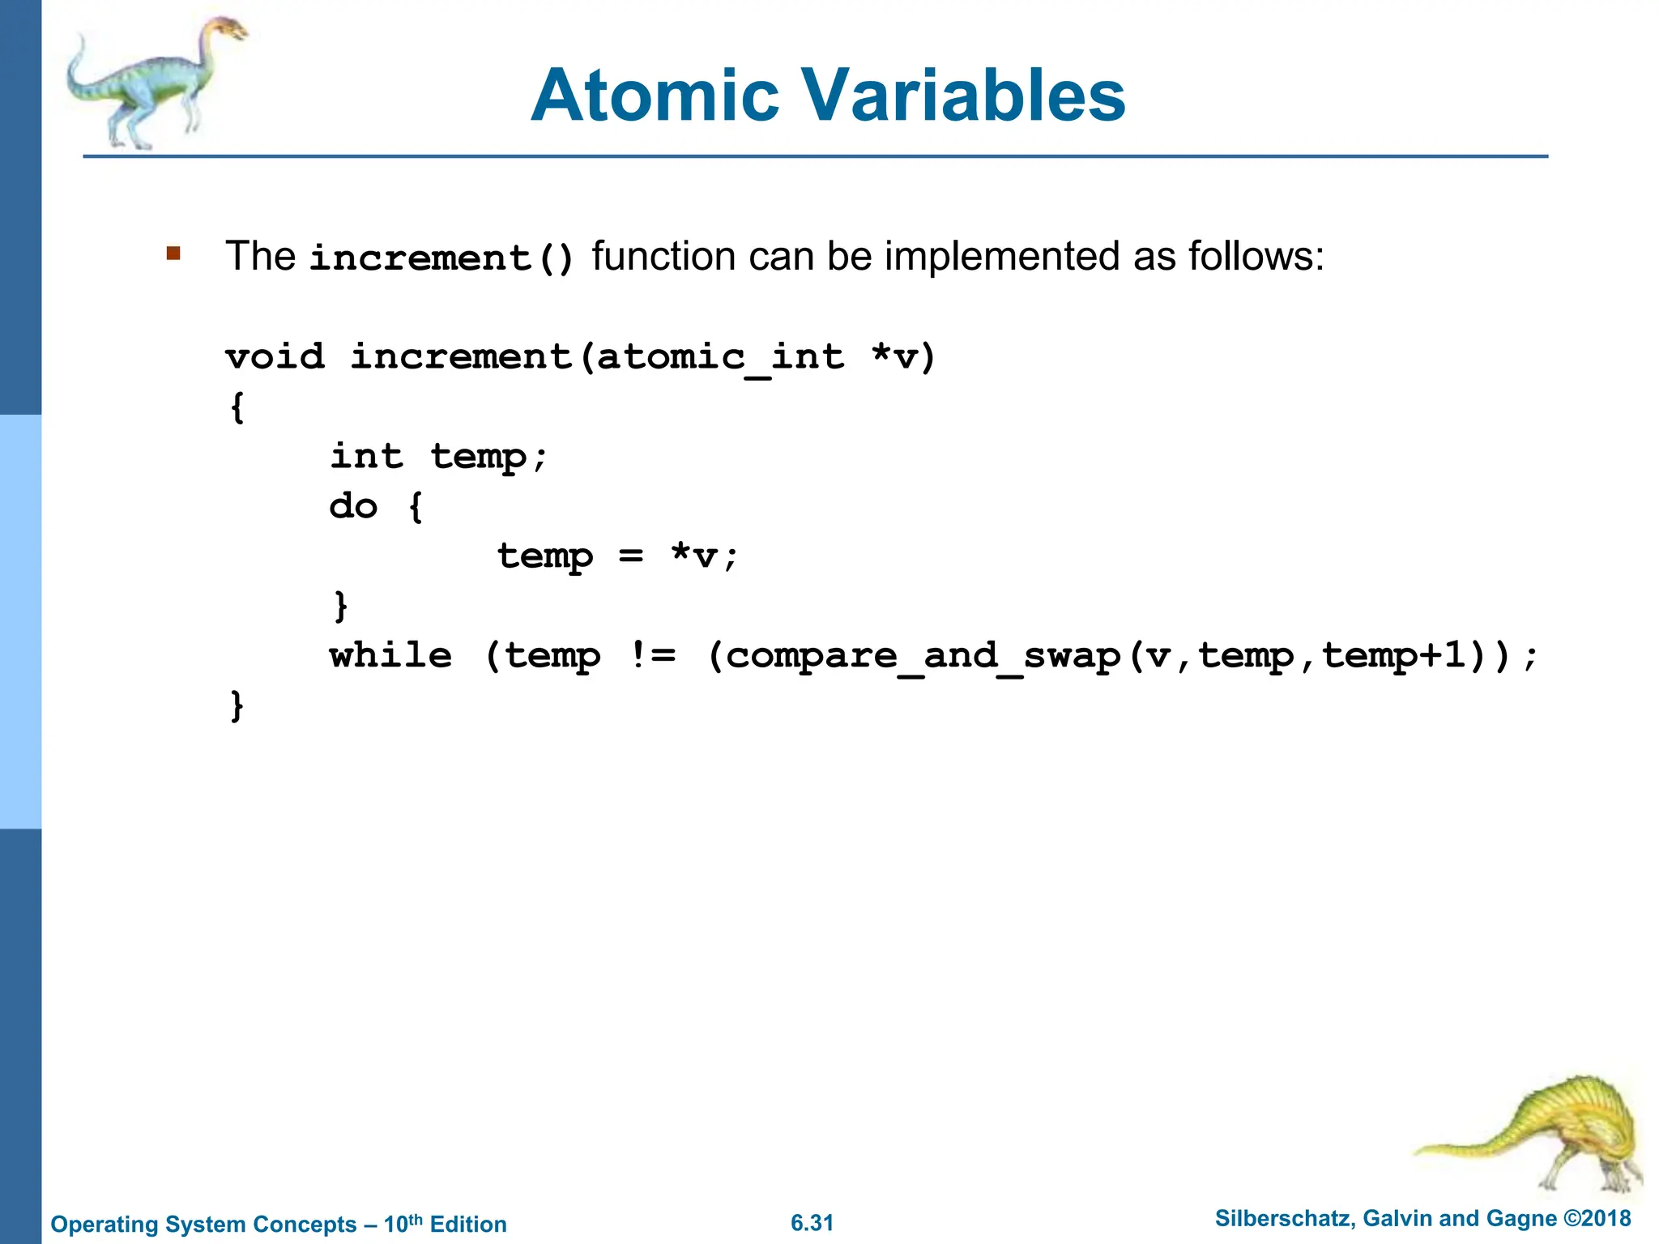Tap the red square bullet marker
click(x=173, y=253)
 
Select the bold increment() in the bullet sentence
click(x=441, y=258)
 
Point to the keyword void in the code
click(x=275, y=357)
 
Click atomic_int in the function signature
click(x=720, y=357)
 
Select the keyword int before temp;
click(x=366, y=457)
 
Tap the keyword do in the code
click(x=353, y=507)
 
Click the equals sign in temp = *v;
click(x=631, y=556)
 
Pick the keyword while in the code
click(x=390, y=656)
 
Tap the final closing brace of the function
click(x=237, y=705)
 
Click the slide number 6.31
click(x=812, y=1223)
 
